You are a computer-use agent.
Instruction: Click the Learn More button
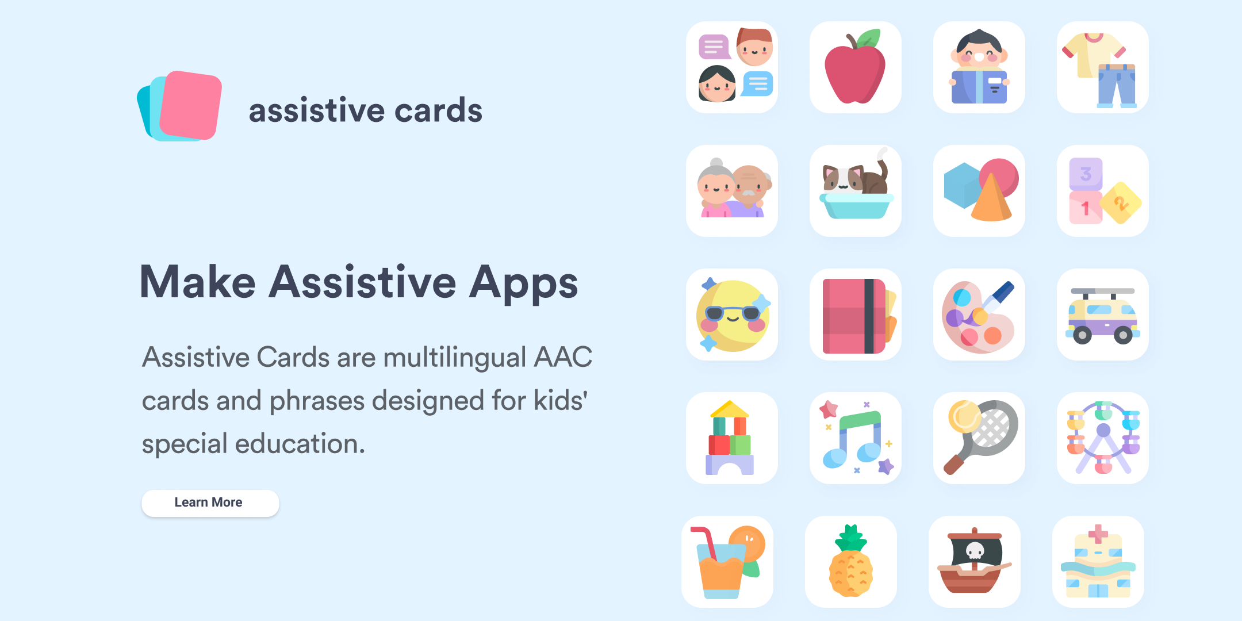pyautogui.click(x=210, y=503)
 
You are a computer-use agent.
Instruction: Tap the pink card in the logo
pyautogui.click(x=190, y=105)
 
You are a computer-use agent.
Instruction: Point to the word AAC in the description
pyautogui.click(x=563, y=357)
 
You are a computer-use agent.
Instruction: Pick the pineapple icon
pyautogui.click(x=851, y=561)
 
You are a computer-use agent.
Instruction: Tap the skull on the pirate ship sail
pyautogui.click(x=975, y=551)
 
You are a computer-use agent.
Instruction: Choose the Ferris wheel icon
pyautogui.click(x=1103, y=438)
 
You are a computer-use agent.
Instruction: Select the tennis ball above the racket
pyautogui.click(x=964, y=416)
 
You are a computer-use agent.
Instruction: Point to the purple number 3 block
pyautogui.click(x=1086, y=174)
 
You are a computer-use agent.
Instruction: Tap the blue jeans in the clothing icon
pyautogui.click(x=1117, y=86)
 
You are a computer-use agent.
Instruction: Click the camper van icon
pyautogui.click(x=1103, y=316)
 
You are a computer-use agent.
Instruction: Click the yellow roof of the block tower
pyautogui.click(x=729, y=409)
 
